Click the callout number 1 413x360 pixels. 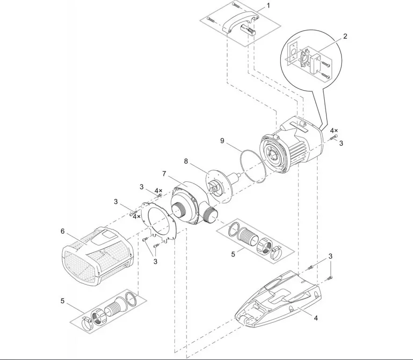tap(268, 5)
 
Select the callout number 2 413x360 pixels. tap(345, 36)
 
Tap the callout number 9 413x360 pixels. tap(222, 141)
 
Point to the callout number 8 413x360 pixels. tap(186, 161)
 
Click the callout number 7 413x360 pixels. tap(164, 174)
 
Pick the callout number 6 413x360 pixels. tap(62, 231)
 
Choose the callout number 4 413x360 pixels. tap(316, 318)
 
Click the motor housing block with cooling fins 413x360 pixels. tap(292, 146)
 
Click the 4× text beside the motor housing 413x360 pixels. tap(334, 130)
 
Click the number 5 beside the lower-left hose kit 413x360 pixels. tap(62, 301)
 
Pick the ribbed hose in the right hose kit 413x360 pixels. tap(247, 236)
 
